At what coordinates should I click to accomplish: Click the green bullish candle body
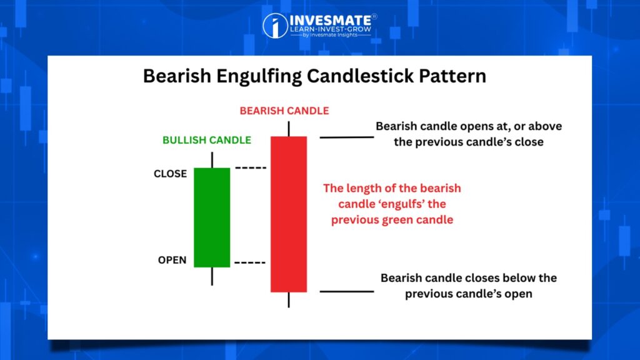tap(212, 217)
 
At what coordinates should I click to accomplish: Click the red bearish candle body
tap(289, 214)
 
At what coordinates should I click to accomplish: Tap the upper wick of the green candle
tap(212, 160)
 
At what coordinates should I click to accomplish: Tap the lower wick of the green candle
tap(212, 276)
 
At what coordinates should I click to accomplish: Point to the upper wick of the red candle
tap(289, 129)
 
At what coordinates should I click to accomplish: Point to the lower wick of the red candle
tap(289, 299)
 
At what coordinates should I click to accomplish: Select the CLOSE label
tap(170, 174)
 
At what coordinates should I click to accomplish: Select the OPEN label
tap(172, 260)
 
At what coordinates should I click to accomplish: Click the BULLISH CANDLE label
tap(207, 140)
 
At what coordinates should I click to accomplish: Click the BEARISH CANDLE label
tap(284, 111)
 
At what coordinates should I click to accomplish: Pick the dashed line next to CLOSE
tap(251, 167)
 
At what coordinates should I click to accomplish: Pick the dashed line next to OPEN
tap(250, 262)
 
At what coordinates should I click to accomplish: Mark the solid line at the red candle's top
tap(346, 137)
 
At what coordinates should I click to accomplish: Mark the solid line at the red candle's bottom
tap(346, 291)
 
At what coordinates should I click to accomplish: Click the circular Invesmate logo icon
tap(275, 26)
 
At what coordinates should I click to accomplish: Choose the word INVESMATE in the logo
tap(331, 21)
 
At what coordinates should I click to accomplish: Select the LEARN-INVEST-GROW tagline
tap(331, 29)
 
